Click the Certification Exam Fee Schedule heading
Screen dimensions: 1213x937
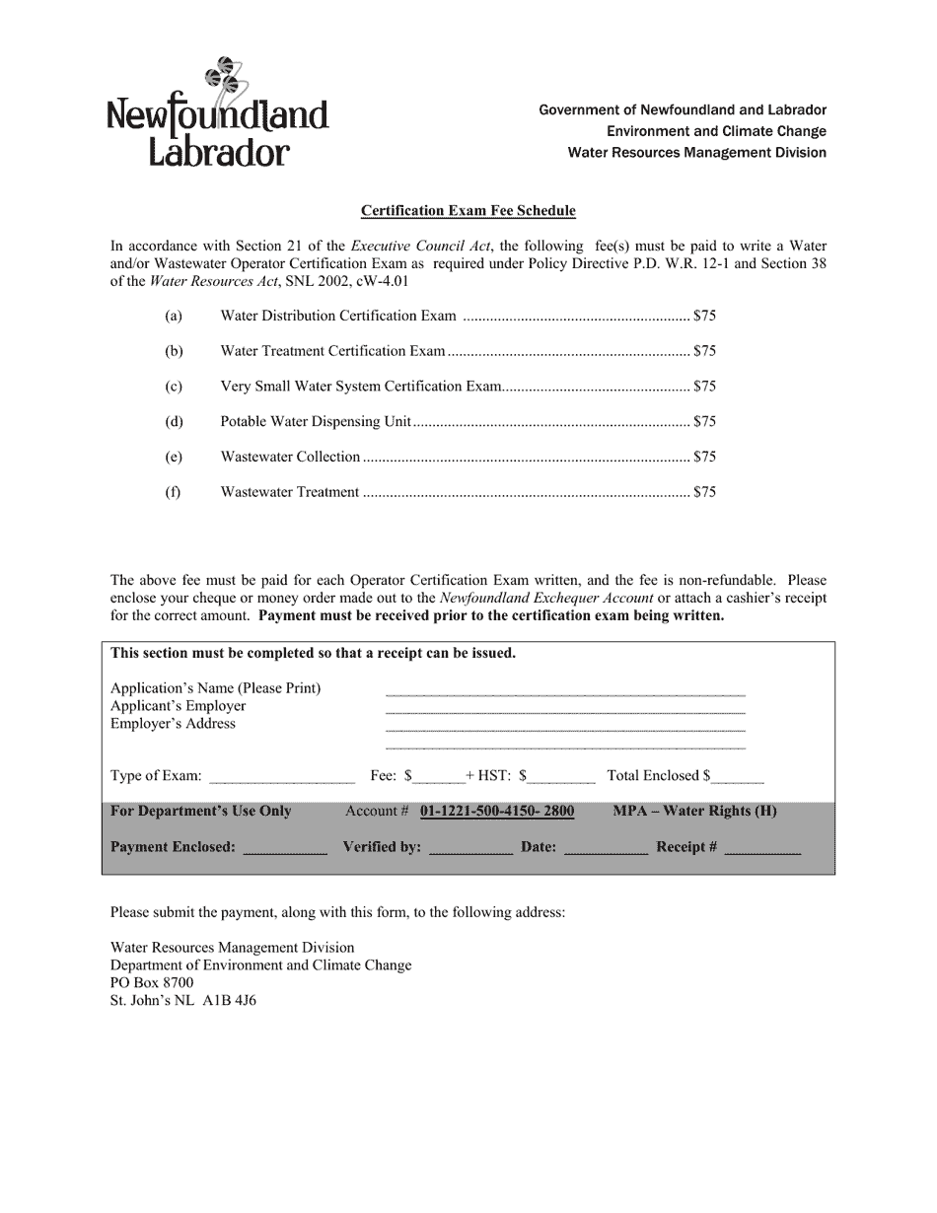(468, 210)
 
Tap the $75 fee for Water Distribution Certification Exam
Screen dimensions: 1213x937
(704, 317)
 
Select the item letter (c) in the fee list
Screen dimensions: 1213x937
(174, 387)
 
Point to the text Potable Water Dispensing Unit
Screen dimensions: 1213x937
(315, 421)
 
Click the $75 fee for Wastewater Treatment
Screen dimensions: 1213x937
(704, 492)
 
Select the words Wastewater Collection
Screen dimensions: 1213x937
(290, 457)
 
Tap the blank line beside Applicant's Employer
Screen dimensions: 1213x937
(564, 709)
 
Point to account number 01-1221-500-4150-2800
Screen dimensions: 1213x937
(496, 812)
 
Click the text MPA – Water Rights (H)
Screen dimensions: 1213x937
(694, 812)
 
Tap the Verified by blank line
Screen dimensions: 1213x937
(470, 849)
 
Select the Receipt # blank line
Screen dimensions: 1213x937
(761, 849)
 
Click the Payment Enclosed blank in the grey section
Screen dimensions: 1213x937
(284, 849)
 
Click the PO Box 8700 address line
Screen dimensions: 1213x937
(152, 983)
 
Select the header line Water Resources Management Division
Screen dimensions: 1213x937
(696, 153)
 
